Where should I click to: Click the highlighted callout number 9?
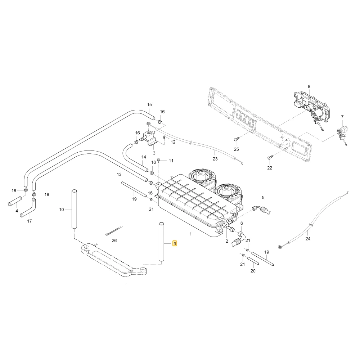coord(175,243)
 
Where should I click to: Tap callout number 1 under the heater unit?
coord(190,234)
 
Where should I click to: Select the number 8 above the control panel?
coord(309,86)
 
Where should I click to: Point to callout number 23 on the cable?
coord(215,159)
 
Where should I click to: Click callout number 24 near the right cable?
coord(308,239)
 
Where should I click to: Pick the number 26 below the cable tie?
coord(114,240)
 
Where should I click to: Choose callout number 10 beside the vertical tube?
coord(62,210)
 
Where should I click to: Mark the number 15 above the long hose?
coord(149,105)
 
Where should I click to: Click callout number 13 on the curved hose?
coord(119,174)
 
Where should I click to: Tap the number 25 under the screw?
coord(237,149)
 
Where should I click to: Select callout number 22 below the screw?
coord(270,168)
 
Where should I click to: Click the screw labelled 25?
coord(237,139)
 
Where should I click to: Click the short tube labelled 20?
coord(254,261)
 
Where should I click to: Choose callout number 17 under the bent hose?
coord(30,221)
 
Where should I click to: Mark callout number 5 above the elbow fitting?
coord(263,197)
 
